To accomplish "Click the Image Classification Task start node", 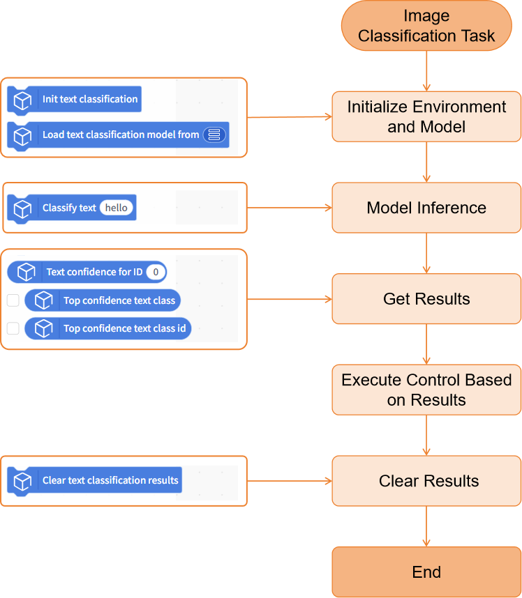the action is pyautogui.click(x=426, y=26).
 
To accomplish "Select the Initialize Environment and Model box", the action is pyautogui.click(x=426, y=116).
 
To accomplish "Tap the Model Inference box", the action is pyautogui.click(x=426, y=208).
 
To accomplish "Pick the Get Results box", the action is pyautogui.click(x=426, y=298).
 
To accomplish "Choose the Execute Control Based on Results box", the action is pyautogui.click(x=426, y=390).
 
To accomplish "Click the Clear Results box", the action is pyautogui.click(x=426, y=481).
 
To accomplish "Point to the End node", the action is pyautogui.click(x=426, y=572).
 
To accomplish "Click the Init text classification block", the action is pyautogui.click(x=75, y=100).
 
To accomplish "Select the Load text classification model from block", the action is pyautogui.click(x=118, y=135).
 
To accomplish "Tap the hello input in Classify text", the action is pyautogui.click(x=116, y=208).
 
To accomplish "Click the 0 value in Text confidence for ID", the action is pyautogui.click(x=156, y=272).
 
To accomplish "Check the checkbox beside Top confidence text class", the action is pyautogui.click(x=13, y=300).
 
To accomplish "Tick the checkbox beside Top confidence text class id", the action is pyautogui.click(x=13, y=328).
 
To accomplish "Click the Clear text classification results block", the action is pyautogui.click(x=94, y=480).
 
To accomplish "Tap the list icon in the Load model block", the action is pyautogui.click(x=214, y=135).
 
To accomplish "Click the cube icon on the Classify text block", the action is pyautogui.click(x=22, y=208).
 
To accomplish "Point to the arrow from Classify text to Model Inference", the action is pyautogui.click(x=290, y=208).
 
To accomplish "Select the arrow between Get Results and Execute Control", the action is pyautogui.click(x=426, y=344).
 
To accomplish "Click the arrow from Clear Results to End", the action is pyautogui.click(x=426, y=526).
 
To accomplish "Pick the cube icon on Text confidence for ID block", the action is pyautogui.click(x=27, y=272).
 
